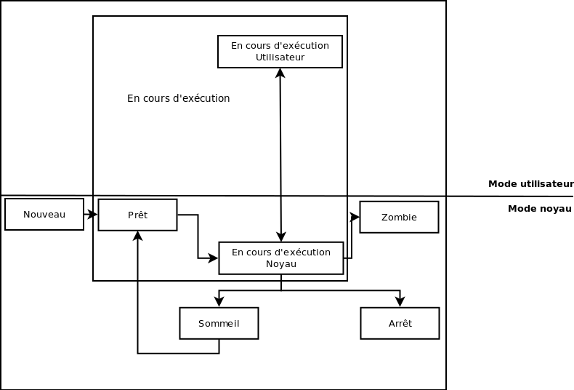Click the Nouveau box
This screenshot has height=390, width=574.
(44, 215)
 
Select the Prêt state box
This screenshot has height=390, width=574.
(137, 215)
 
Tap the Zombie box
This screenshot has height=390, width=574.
(399, 217)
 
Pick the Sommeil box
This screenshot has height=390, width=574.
(219, 324)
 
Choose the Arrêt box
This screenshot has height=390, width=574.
(400, 324)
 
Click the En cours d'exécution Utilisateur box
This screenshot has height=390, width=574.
(280, 52)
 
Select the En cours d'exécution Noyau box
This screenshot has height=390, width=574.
(280, 258)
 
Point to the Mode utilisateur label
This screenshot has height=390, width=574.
(530, 184)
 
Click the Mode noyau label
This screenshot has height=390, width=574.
(539, 209)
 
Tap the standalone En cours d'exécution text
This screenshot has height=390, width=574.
(178, 98)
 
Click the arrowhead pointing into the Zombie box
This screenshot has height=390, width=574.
(355, 217)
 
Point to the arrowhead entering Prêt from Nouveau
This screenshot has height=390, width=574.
(93, 215)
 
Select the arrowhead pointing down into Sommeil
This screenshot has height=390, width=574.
(219, 302)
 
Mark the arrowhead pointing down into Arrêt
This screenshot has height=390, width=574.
(400, 302)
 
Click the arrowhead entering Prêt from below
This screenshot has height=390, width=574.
(137, 236)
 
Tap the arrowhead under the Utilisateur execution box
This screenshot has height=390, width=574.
(280, 73)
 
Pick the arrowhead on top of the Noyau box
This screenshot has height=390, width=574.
(281, 237)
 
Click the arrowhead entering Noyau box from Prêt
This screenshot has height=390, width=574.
(214, 258)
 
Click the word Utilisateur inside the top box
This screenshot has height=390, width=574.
(280, 57)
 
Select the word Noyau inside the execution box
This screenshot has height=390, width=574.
(280, 264)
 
